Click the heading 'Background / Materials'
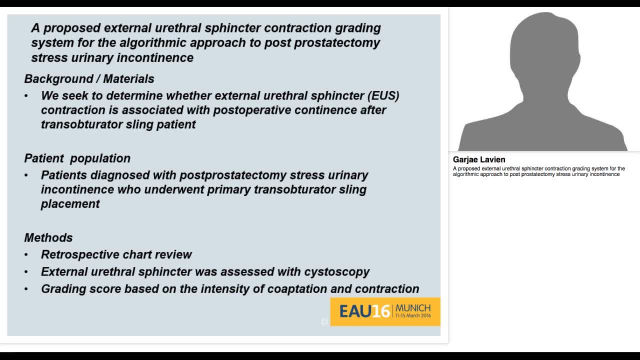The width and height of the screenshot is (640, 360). click(89, 79)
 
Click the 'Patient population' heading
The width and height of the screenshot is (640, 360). click(77, 158)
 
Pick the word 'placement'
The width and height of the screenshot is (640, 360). click(70, 204)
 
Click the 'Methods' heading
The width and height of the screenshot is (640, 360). click(48, 238)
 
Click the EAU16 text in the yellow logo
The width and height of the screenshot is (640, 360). click(364, 311)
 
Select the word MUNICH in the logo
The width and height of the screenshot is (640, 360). click(413, 308)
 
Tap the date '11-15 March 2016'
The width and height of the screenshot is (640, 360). click(413, 316)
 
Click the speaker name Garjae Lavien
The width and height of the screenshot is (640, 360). click(479, 159)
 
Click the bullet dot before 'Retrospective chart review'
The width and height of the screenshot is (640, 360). click(26, 255)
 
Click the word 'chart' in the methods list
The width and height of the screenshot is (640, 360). click(136, 254)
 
